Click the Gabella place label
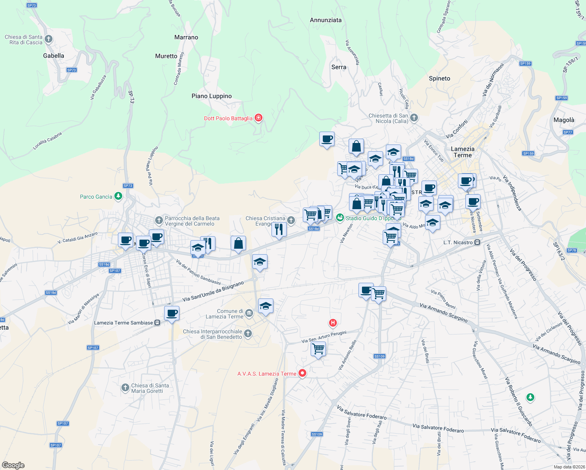click(x=54, y=56)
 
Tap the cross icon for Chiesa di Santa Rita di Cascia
click(x=49, y=39)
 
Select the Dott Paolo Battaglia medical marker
click(x=258, y=118)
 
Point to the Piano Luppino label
click(x=212, y=96)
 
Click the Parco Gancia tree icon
click(x=118, y=196)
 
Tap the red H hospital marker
click(x=333, y=323)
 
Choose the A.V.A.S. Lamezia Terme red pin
click(x=302, y=373)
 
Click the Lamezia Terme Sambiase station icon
click(x=157, y=323)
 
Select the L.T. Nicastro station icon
click(x=477, y=242)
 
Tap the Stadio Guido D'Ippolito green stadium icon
click(x=340, y=218)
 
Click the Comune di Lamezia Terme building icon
click(x=249, y=313)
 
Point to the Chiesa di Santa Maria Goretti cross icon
click(x=125, y=388)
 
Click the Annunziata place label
click(x=326, y=20)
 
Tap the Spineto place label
click(x=439, y=78)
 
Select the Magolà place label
click(x=564, y=120)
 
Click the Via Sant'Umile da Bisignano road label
click(x=213, y=291)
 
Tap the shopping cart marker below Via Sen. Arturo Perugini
click(x=318, y=348)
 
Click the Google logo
click(x=13, y=465)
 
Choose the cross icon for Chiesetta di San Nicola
click(x=414, y=117)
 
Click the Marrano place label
click(x=186, y=37)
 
